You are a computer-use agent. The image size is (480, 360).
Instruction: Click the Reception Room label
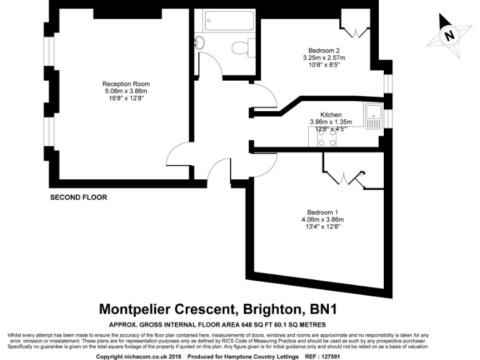tap(126, 84)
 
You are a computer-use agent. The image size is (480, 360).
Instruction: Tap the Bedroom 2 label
tap(324, 51)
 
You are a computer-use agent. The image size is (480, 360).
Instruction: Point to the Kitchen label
tap(331, 115)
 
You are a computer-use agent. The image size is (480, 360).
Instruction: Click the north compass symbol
tap(448, 36)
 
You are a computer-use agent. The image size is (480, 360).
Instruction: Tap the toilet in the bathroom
tap(240, 47)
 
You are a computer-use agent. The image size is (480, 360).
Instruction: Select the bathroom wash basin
tap(200, 42)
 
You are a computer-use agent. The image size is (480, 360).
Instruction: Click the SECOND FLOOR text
tap(78, 197)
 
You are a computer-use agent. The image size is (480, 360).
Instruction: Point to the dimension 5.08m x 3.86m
tap(126, 91)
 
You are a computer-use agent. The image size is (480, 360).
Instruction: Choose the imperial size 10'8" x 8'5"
tap(324, 66)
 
